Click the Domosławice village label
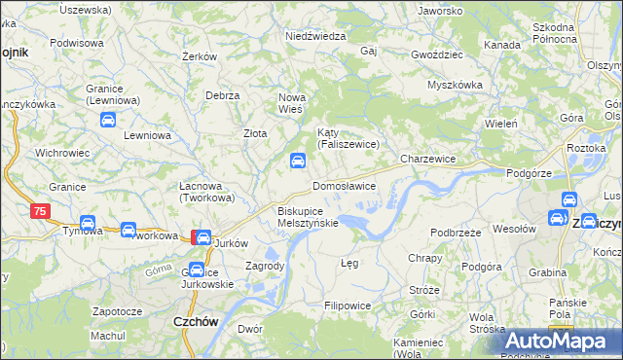tap(344, 185)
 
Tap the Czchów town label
tap(194, 320)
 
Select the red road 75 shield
tap(40, 210)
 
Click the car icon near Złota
tap(295, 162)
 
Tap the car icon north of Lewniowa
tap(108, 121)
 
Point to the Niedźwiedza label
tap(315, 36)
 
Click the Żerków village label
tap(199, 57)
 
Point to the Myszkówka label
tap(455, 85)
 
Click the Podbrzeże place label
tap(457, 233)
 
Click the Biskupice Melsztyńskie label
tap(308, 216)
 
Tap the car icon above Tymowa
tap(87, 223)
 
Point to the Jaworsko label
tap(440, 11)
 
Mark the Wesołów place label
tap(515, 229)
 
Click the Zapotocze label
tap(117, 311)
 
